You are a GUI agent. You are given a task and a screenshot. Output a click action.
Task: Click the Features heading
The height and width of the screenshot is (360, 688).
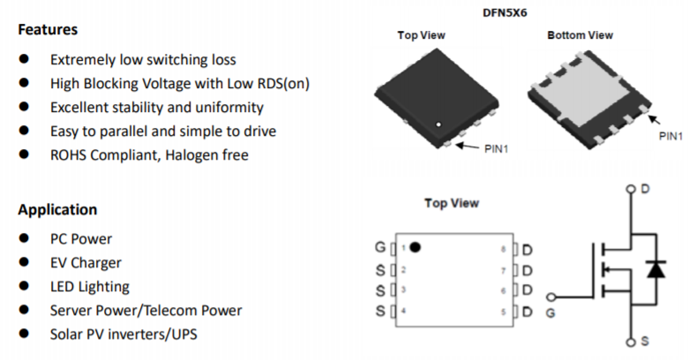pyautogui.click(x=48, y=29)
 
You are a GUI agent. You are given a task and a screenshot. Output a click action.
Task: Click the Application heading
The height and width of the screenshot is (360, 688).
pyautogui.click(x=57, y=210)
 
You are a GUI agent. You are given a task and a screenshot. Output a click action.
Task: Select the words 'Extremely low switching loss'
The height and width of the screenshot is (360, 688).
pyautogui.click(x=143, y=60)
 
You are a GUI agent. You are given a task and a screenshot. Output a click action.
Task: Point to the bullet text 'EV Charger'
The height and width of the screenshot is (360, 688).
pyautogui.click(x=86, y=263)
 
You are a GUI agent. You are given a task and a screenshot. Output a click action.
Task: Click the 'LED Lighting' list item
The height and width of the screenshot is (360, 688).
pyautogui.click(x=89, y=287)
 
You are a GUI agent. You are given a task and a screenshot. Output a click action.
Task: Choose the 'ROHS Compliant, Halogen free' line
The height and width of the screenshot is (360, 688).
pyautogui.click(x=149, y=155)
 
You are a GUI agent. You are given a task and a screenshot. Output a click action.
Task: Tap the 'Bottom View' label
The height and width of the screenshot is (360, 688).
pyautogui.click(x=580, y=35)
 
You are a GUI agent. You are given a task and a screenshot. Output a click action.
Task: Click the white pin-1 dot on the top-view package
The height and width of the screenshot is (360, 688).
pyautogui.click(x=436, y=124)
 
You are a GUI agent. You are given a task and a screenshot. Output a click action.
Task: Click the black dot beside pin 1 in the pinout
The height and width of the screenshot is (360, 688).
pyautogui.click(x=415, y=247)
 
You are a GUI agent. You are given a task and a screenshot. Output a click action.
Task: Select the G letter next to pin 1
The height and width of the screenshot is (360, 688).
pyautogui.click(x=379, y=248)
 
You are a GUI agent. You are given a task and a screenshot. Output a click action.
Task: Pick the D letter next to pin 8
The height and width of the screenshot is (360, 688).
pyautogui.click(x=527, y=249)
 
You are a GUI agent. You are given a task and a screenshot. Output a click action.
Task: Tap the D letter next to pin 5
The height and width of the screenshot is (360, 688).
pyautogui.click(x=527, y=311)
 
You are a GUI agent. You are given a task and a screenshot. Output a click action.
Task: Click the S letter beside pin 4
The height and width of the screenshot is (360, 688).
pyautogui.click(x=380, y=311)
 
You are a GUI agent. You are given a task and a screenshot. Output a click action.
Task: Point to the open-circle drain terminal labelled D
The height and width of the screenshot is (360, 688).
pyautogui.click(x=630, y=190)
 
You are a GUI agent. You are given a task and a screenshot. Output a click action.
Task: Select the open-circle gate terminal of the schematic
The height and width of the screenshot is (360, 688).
pyautogui.click(x=552, y=297)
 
